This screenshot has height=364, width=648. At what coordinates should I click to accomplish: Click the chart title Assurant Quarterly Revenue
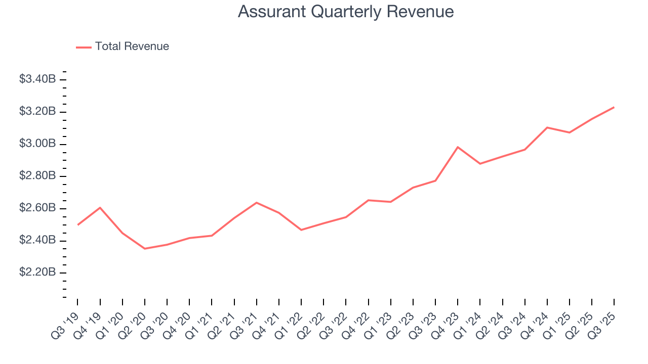point(346,12)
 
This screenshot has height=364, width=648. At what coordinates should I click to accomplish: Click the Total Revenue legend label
point(132,47)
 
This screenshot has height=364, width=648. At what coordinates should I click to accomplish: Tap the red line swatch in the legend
point(84,47)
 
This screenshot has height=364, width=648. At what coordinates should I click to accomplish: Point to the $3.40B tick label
point(37,79)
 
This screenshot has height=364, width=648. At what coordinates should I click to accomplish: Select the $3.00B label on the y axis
point(37,144)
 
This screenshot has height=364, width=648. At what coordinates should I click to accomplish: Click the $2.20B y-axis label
point(37,272)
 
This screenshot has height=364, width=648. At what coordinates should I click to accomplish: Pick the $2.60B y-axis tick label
point(37,208)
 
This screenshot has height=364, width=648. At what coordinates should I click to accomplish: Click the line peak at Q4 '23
point(458,147)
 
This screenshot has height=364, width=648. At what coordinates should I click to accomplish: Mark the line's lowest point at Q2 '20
point(145,248)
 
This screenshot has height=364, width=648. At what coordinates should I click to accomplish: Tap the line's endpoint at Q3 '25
point(614,107)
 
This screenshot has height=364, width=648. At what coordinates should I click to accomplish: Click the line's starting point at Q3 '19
point(77,224)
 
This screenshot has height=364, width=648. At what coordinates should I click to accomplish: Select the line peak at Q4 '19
point(100,207)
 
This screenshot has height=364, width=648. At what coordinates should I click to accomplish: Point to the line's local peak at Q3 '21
point(257,203)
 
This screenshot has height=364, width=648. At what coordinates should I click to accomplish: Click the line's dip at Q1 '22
point(301,230)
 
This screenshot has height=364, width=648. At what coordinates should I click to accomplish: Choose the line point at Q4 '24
point(547,127)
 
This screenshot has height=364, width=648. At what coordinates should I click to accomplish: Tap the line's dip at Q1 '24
point(480,164)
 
